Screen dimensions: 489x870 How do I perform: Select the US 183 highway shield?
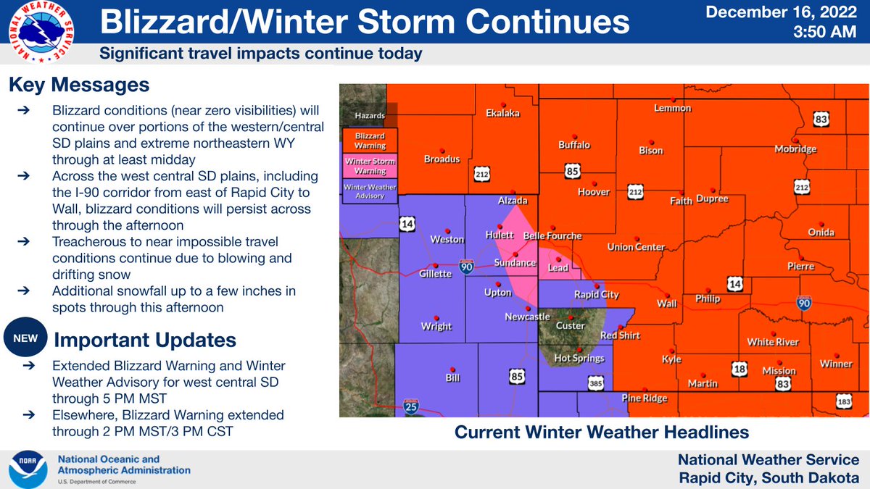click(844, 401)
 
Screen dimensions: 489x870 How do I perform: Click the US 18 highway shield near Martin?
click(739, 369)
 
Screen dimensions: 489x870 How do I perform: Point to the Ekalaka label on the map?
click(502, 113)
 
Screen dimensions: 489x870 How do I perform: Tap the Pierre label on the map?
click(800, 267)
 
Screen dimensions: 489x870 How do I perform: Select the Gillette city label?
click(436, 274)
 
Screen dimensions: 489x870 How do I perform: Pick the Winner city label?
click(837, 364)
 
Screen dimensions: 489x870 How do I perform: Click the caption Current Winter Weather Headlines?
click(601, 432)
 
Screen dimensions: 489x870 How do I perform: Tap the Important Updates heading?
click(145, 340)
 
